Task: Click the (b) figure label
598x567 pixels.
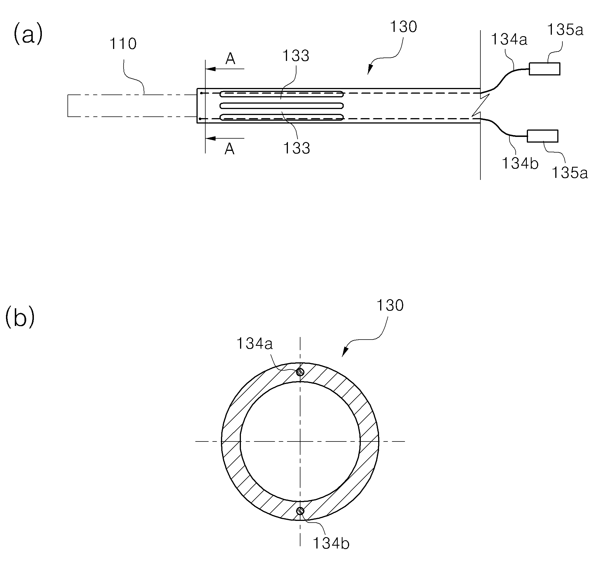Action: (x=20, y=317)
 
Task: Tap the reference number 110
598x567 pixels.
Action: (x=123, y=44)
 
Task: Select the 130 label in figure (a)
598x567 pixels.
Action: (x=404, y=27)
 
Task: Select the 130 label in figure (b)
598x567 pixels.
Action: (x=390, y=306)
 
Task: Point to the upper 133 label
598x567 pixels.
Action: (x=296, y=56)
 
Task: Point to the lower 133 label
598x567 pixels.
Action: (x=297, y=148)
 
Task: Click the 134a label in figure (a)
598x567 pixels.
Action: (x=509, y=40)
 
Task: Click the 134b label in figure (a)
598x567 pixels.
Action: (x=520, y=163)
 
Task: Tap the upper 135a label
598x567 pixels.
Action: (x=565, y=30)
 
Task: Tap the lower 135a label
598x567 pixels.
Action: (x=570, y=173)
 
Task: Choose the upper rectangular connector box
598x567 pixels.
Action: (x=544, y=69)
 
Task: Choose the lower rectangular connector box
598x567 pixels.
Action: (x=543, y=136)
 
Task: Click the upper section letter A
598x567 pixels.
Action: (x=230, y=59)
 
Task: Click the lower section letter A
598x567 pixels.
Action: (x=230, y=149)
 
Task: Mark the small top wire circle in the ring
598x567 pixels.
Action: (x=300, y=372)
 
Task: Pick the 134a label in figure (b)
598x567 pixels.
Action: (x=255, y=344)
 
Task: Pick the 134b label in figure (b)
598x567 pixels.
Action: (x=331, y=543)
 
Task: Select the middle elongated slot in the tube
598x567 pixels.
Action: (x=282, y=106)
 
